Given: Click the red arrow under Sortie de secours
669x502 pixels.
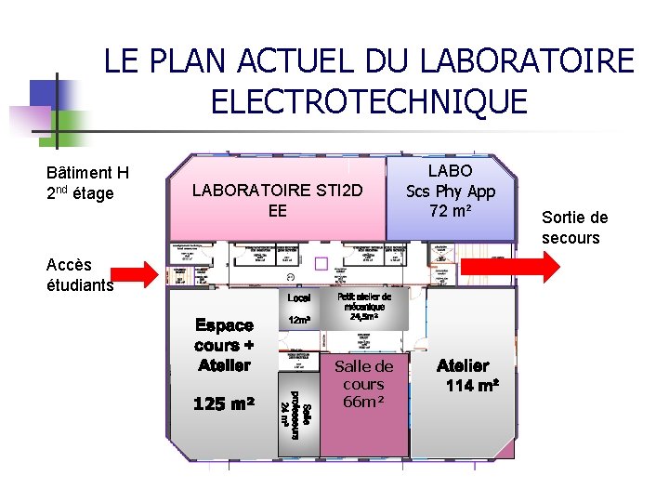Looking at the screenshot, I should (x=510, y=265).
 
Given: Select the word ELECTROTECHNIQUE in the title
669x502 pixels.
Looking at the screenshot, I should (x=369, y=100).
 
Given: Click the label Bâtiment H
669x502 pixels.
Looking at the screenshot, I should (x=87, y=172).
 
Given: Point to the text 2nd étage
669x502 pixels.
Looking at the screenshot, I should (x=80, y=193).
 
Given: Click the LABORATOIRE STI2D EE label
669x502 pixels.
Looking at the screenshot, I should (x=276, y=200).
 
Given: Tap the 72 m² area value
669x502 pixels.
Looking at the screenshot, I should (x=451, y=211).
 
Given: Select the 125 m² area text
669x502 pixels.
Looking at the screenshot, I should (x=224, y=404).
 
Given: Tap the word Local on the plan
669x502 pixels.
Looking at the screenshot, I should (x=299, y=298).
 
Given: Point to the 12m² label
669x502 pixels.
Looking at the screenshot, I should (x=299, y=320).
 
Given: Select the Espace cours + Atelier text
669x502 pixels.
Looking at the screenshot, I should (x=224, y=345).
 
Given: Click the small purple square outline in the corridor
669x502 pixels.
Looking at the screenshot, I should (x=321, y=263).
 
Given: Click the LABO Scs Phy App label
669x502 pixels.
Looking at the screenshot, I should (x=451, y=181).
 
